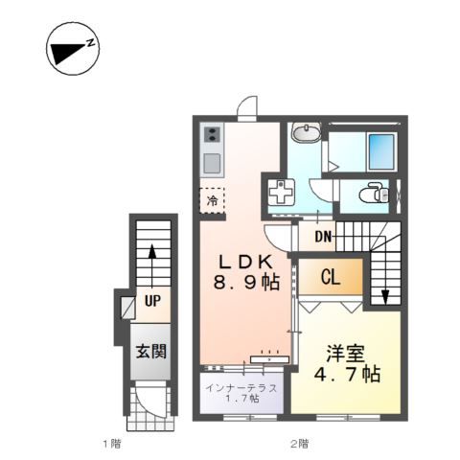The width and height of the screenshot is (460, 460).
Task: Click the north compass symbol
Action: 73,49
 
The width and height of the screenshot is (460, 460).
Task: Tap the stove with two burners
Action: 212,134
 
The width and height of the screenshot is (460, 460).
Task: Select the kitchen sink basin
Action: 212,163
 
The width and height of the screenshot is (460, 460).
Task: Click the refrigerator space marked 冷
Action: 212,200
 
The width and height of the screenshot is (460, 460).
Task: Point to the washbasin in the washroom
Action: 307,132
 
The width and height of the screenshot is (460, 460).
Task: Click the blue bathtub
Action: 381,151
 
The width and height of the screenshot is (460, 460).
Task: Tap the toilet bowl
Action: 374,193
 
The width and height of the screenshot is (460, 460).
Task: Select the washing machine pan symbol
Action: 281,192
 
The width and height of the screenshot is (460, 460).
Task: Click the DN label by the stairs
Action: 323,237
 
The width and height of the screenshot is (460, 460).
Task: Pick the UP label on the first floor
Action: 152,301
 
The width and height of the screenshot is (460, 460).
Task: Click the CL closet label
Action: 331,277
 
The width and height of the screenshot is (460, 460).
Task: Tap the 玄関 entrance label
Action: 151,352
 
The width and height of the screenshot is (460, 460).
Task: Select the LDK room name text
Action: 246,263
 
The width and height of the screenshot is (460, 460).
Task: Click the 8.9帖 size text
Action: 246,283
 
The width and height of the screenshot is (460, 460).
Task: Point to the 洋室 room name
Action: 345,354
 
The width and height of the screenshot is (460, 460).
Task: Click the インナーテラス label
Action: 241,388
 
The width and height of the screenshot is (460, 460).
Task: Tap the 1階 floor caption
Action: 112,444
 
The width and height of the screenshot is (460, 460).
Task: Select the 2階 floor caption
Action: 299,444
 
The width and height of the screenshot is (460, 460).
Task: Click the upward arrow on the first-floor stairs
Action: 152,265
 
